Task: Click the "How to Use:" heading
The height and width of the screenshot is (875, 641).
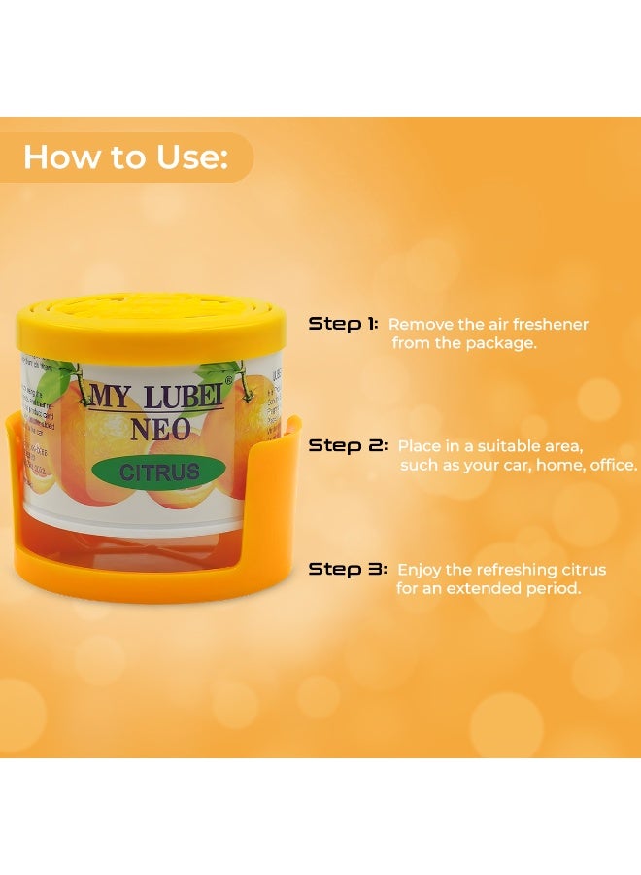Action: click(x=124, y=157)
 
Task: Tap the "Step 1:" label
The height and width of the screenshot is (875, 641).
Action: click(x=343, y=324)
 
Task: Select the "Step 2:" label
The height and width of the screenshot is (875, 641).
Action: click(x=348, y=446)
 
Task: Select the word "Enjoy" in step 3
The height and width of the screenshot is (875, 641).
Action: click(x=419, y=569)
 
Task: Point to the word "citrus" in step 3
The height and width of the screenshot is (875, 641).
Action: click(x=583, y=569)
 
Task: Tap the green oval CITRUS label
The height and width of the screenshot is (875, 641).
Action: click(x=160, y=472)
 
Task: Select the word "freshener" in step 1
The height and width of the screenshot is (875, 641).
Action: click(x=551, y=324)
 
